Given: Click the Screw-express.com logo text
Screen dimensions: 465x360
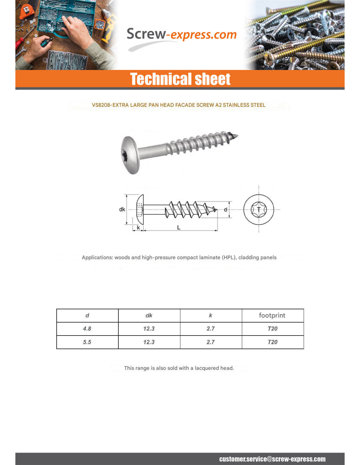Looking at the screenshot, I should (x=181, y=35).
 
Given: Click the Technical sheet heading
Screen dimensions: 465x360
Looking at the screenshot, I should (x=180, y=79).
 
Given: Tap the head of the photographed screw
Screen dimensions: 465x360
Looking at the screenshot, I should (x=130, y=155).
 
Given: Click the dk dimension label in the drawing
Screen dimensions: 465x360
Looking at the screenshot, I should (x=122, y=209).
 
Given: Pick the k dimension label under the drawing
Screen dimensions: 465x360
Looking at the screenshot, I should (x=138, y=228).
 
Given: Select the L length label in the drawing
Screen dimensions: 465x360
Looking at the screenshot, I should (x=179, y=228).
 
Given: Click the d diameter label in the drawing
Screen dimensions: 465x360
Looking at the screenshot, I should (x=225, y=209).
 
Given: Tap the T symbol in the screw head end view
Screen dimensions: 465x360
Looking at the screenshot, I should (x=259, y=210).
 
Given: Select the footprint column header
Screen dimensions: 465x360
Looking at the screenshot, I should (x=272, y=315).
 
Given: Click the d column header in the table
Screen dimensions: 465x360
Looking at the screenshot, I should (x=87, y=316).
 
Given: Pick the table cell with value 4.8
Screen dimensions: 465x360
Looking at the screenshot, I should (x=87, y=329).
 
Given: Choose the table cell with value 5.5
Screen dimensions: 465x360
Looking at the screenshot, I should (x=87, y=342).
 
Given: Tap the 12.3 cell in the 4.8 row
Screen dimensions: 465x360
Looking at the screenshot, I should (x=149, y=329).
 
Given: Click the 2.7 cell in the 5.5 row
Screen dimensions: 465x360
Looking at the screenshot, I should (x=211, y=342).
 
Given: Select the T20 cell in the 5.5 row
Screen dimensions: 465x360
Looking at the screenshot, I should (x=273, y=342).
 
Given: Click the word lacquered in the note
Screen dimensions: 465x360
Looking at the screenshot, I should (x=207, y=368).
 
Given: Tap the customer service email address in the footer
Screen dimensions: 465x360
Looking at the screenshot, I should (x=272, y=459).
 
